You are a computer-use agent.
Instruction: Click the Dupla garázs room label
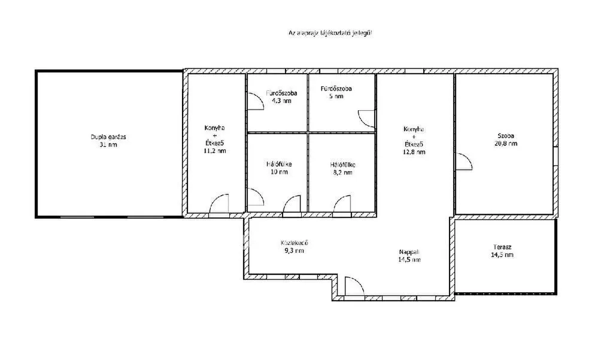(x=108, y=137)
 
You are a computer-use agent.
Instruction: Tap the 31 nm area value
(x=108, y=145)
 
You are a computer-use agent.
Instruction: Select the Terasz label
(x=502, y=247)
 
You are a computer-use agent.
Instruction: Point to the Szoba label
(x=506, y=136)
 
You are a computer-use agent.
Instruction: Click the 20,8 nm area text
(x=506, y=144)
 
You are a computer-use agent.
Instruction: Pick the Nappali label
(x=409, y=252)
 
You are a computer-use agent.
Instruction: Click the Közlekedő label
(x=294, y=243)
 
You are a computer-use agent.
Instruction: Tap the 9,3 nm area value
(x=294, y=251)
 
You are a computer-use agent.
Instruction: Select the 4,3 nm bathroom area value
(x=281, y=101)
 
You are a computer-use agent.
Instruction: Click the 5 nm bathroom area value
(x=336, y=96)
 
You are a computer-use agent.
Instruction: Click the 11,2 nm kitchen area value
(x=215, y=151)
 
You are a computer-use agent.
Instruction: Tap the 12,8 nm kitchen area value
(x=414, y=152)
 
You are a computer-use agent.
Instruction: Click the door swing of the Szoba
(x=464, y=161)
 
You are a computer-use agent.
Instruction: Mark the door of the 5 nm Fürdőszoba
(x=367, y=119)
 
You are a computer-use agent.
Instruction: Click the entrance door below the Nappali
(x=354, y=286)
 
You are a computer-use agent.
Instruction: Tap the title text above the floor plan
(x=330, y=33)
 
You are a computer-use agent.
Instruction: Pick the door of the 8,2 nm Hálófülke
(x=342, y=204)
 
